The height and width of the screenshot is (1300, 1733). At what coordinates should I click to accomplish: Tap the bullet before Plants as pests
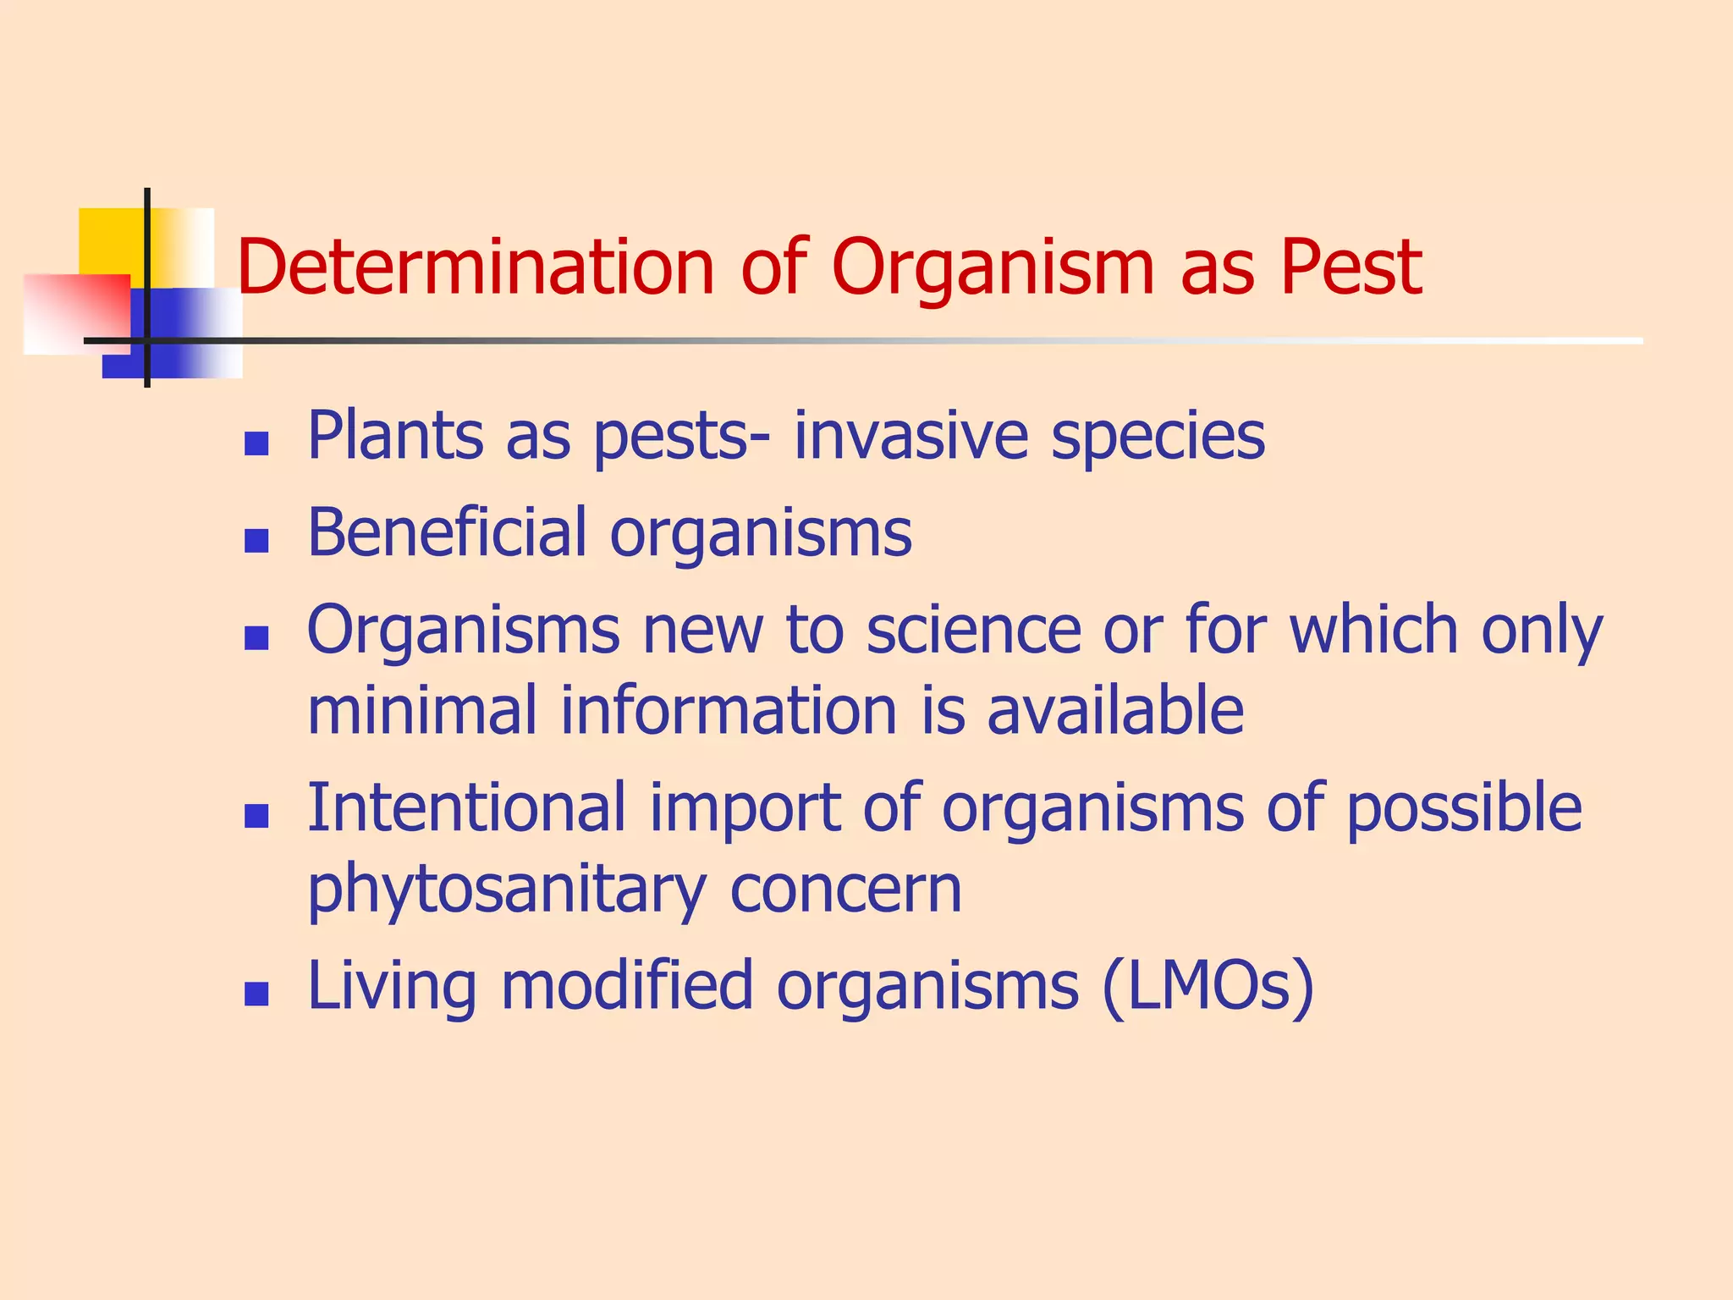point(256,443)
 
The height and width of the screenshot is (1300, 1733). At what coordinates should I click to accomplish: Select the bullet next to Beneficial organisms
point(256,540)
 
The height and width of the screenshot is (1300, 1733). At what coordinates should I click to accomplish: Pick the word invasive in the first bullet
point(911,437)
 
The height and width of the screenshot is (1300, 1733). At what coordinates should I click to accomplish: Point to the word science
point(973,631)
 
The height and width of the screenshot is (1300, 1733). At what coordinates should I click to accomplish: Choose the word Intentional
point(466,808)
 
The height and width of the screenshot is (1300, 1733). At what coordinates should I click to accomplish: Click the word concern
point(845,890)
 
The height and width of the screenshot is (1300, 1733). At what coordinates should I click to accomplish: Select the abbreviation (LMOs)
point(1208,987)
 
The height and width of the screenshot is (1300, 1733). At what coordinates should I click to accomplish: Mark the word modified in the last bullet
point(627,985)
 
